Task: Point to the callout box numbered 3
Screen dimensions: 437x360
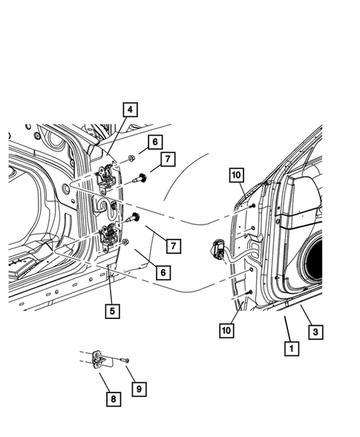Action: coord(315,332)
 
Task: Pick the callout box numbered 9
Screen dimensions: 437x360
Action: coord(139,387)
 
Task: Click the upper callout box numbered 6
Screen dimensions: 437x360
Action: coord(154,141)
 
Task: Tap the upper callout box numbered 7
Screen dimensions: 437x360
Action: coord(168,158)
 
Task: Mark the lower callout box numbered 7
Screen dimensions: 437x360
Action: coord(171,245)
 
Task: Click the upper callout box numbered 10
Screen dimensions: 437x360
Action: coord(236,175)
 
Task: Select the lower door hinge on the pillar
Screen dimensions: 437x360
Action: coord(110,236)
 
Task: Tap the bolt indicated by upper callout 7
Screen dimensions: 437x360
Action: coord(137,178)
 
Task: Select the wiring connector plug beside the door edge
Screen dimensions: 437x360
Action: coord(219,250)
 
